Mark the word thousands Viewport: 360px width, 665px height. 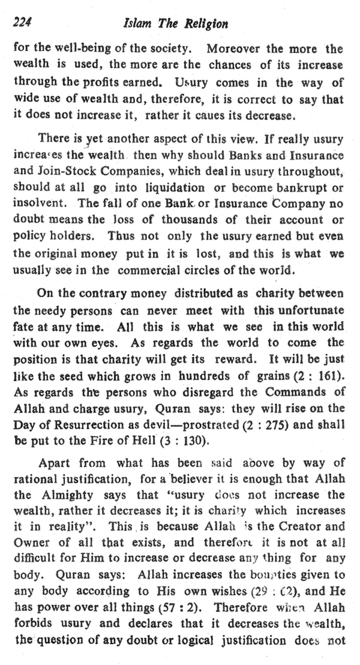[x=189, y=219]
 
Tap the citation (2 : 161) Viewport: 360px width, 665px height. [x=320, y=376]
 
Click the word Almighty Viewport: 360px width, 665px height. [x=67, y=495]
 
